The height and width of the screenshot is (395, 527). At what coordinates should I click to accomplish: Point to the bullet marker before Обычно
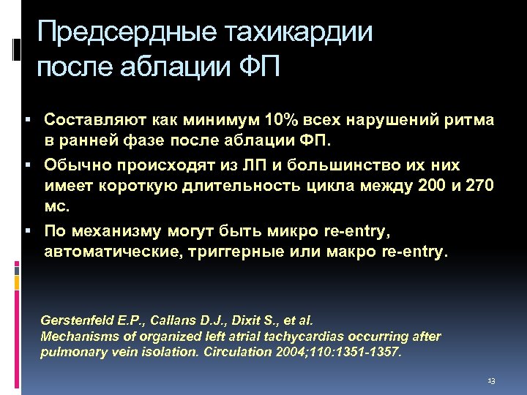(x=26, y=165)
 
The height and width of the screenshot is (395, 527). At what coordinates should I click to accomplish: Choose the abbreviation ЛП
(x=251, y=164)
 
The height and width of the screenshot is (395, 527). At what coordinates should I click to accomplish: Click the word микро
(x=285, y=231)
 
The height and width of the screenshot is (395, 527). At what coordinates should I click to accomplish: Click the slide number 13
(x=490, y=382)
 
